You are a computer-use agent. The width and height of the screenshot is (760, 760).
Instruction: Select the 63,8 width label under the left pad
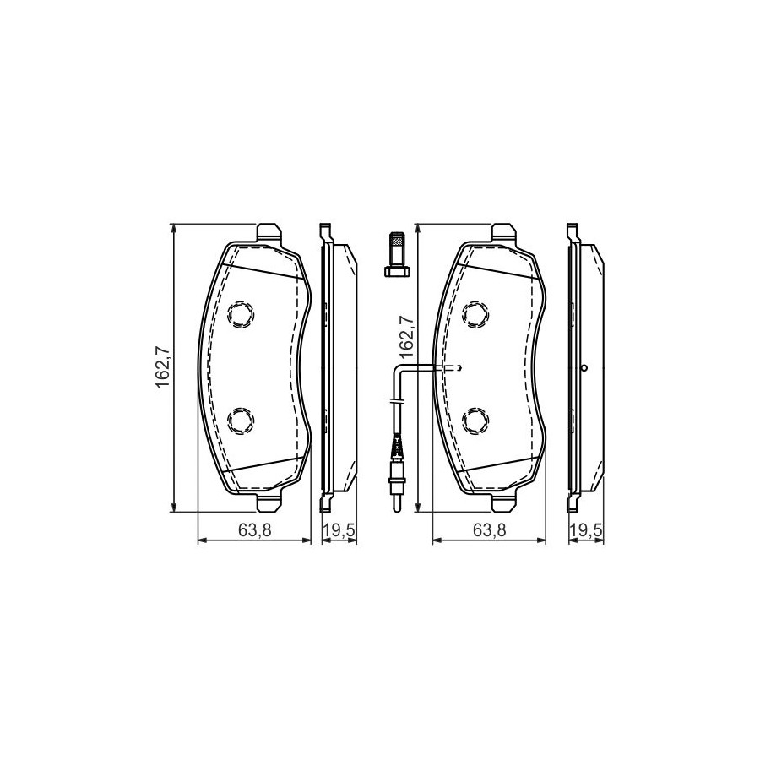254,530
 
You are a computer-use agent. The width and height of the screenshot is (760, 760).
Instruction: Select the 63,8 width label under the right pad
490,530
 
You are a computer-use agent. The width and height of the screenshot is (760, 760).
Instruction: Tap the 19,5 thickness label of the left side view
339,530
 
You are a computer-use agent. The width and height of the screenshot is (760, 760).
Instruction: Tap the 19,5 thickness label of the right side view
587,530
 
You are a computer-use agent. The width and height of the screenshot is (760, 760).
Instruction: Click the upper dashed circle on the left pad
242,315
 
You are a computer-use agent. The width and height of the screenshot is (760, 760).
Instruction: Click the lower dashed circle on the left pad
241,420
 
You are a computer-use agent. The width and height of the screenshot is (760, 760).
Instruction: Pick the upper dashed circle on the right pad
475,315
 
